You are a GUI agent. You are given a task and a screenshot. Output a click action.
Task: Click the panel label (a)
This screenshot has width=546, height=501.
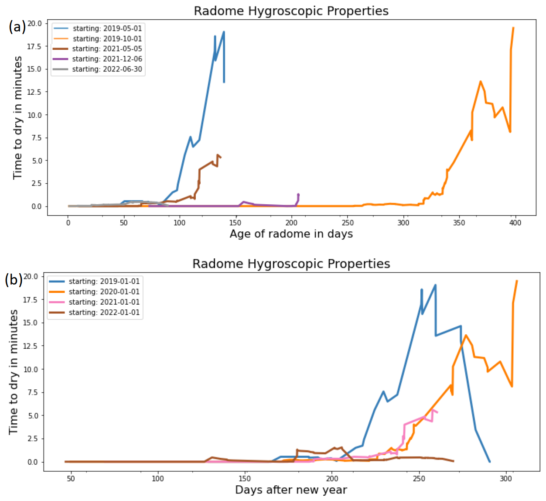click(17, 27)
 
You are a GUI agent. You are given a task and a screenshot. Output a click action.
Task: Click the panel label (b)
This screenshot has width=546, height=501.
click(14, 279)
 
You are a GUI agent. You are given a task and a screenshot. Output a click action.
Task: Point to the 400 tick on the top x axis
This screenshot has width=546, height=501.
click(515, 223)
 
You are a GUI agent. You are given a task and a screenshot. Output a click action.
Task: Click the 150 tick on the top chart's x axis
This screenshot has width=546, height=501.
click(235, 223)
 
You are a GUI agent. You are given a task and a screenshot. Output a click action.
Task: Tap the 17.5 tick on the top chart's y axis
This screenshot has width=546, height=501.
click(34, 46)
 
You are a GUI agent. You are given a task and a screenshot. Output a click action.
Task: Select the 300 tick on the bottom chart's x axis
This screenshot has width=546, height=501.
click(506, 479)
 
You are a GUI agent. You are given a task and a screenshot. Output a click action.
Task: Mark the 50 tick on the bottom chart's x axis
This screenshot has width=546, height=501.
click(71, 479)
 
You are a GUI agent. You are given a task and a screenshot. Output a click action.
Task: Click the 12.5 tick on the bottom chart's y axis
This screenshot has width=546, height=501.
click(31, 346)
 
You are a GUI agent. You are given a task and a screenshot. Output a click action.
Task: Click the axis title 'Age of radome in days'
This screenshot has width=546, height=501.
click(291, 234)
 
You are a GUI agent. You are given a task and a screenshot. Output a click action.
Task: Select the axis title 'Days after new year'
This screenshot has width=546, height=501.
click(291, 490)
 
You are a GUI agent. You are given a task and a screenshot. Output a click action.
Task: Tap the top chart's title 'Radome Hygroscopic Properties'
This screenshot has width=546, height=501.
click(291, 11)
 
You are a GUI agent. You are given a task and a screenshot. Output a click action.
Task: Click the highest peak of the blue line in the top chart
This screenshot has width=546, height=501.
click(224, 32)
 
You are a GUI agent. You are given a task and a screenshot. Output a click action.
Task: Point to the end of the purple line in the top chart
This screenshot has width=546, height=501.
click(298, 194)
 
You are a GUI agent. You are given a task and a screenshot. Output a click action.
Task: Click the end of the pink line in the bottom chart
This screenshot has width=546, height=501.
click(437, 412)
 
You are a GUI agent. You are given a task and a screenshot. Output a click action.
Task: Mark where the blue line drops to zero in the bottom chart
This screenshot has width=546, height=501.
click(490, 461)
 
